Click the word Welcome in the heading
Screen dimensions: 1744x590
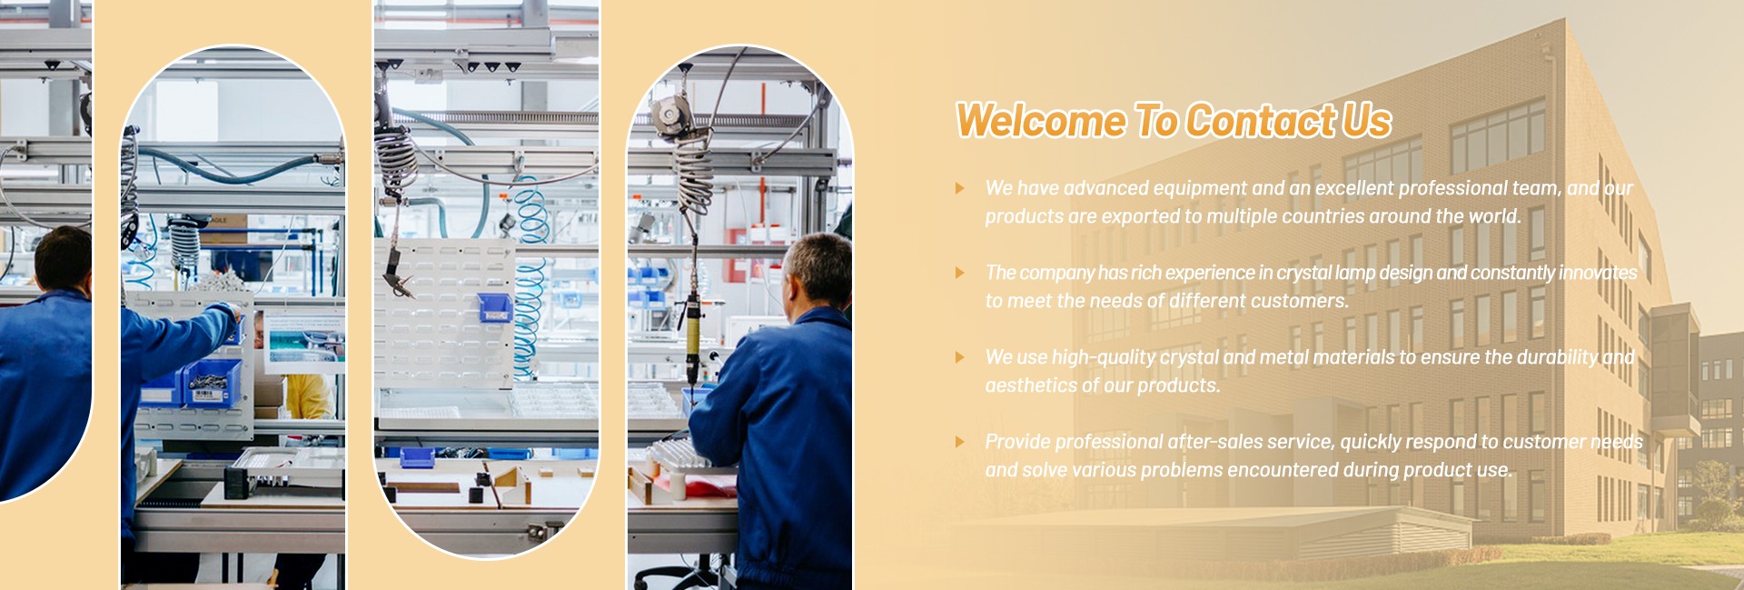(x=1041, y=121)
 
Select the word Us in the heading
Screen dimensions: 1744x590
(x=1366, y=121)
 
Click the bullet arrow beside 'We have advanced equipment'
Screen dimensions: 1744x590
(x=960, y=188)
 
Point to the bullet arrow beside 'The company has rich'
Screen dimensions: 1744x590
(x=960, y=273)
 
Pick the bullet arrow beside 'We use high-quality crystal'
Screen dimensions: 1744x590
(x=960, y=357)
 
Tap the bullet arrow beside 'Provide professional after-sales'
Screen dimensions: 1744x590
(x=960, y=442)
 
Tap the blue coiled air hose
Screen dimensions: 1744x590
(x=529, y=282)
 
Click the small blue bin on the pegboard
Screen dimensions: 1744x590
(x=495, y=307)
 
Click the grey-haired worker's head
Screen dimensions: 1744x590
(x=819, y=268)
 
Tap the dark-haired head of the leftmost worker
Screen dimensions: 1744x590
(x=64, y=259)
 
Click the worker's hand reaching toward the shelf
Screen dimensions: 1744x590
(x=233, y=312)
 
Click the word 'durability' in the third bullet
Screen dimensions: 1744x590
(x=1557, y=357)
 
